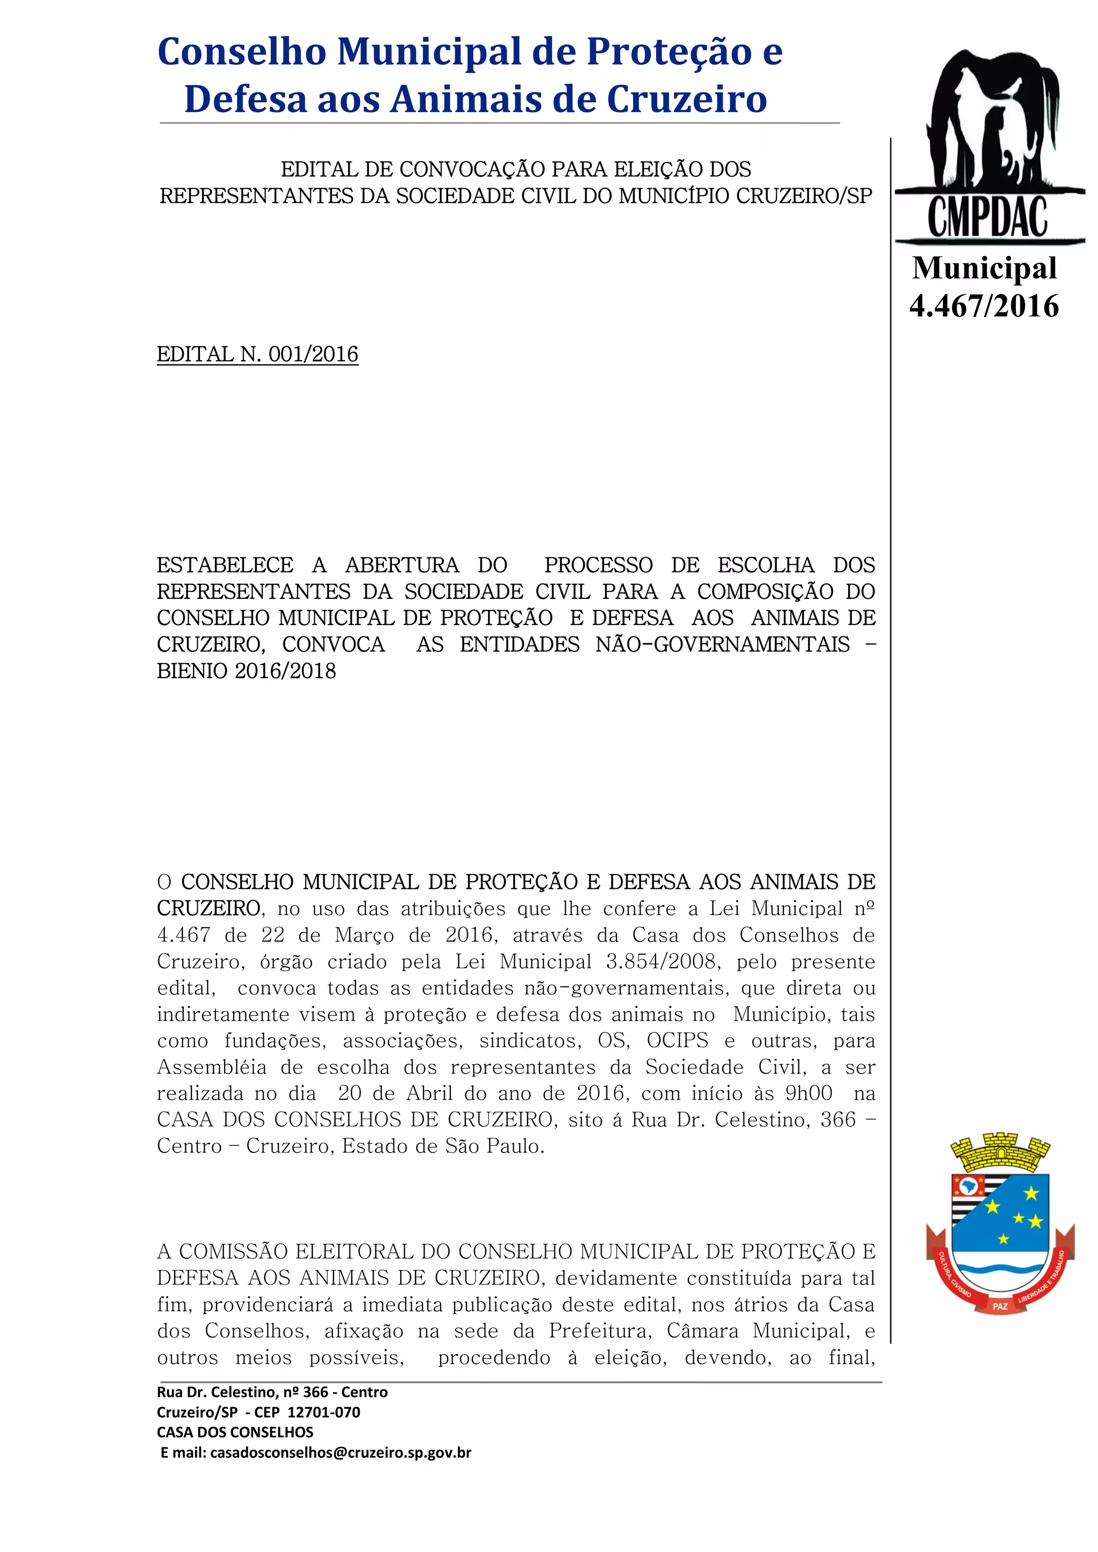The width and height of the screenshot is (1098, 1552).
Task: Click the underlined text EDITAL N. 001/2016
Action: pos(257,354)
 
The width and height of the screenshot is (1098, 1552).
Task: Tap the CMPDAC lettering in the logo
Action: pos(987,218)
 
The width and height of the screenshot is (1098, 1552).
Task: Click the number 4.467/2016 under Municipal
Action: pos(984,306)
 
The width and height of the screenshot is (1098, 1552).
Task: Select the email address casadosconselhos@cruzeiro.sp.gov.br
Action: pos(341,1452)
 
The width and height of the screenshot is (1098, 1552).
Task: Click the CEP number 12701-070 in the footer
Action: pos(324,1412)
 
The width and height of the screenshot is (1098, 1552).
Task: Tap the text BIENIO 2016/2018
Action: pos(246,671)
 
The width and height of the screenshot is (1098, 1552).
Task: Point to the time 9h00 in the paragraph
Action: pos(808,1093)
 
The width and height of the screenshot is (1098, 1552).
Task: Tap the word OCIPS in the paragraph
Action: pos(678,1041)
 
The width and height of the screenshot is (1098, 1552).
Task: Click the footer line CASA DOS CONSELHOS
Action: pos(235,1432)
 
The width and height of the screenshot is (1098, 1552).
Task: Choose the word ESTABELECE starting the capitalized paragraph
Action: pos(225,565)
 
